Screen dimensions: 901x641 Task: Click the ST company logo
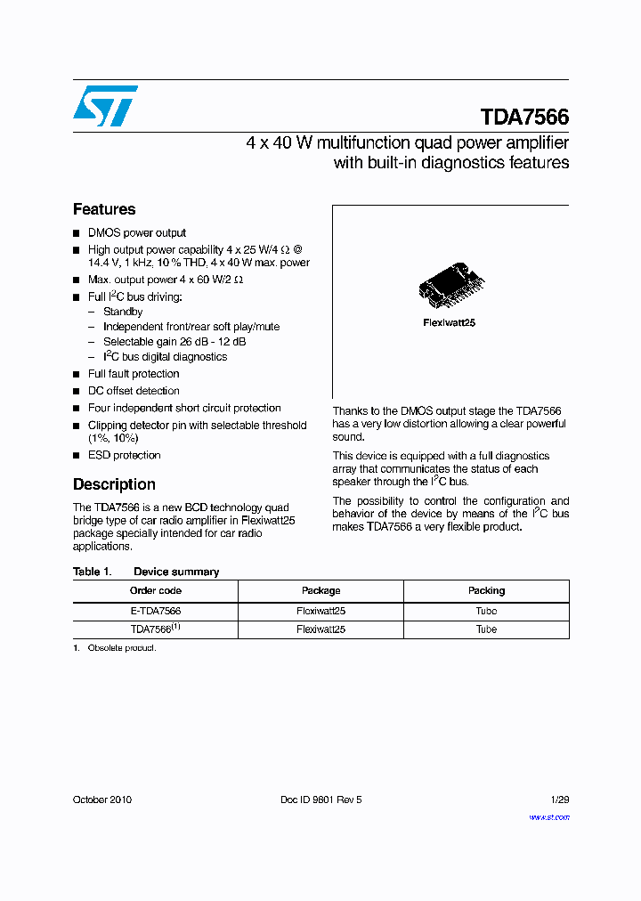pos(105,106)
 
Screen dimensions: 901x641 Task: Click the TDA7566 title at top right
pos(524,118)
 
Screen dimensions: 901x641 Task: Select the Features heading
pos(104,209)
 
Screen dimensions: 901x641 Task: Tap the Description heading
pos(114,484)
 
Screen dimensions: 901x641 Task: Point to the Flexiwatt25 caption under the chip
pos(449,322)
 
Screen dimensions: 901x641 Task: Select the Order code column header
pos(156,590)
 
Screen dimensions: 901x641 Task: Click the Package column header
pos(320,590)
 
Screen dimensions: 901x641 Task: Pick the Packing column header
pos(486,590)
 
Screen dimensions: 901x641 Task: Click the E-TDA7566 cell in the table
pos(156,611)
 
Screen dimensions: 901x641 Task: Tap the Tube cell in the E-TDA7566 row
pos(486,611)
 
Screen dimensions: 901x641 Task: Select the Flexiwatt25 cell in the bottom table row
pos(320,629)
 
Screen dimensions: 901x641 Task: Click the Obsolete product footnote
pos(121,648)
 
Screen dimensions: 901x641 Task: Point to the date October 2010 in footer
pos(102,800)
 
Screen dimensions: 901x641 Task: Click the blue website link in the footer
pos(549,816)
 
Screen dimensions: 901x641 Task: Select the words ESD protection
pos(124,455)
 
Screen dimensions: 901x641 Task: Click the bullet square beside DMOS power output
pos(77,233)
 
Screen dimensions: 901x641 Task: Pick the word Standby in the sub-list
pos(123,312)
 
